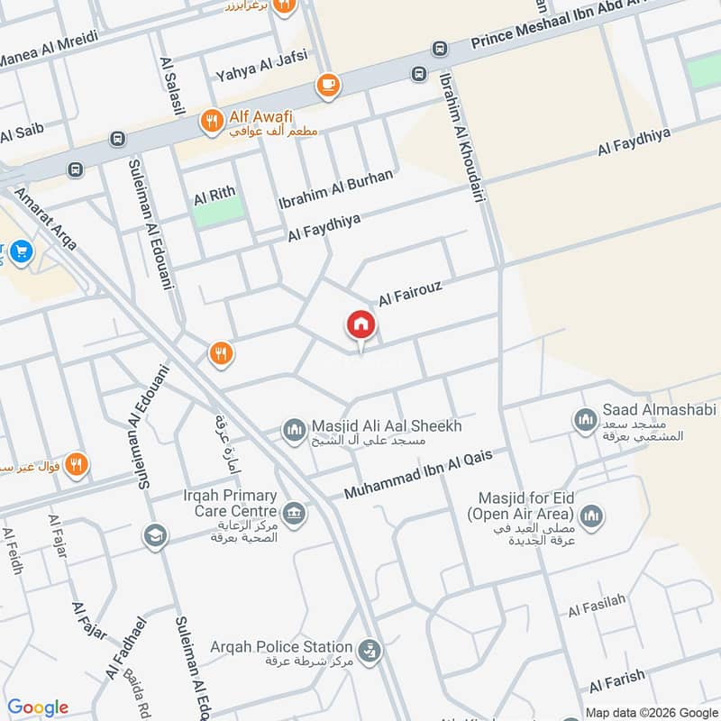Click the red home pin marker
[361, 324]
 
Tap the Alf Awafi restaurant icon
[212, 118]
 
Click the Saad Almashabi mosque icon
[583, 419]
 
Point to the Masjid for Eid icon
[591, 516]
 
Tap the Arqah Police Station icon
[367, 648]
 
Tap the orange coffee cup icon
[327, 86]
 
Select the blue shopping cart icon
[23, 251]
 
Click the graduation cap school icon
[154, 537]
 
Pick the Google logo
[39, 707]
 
